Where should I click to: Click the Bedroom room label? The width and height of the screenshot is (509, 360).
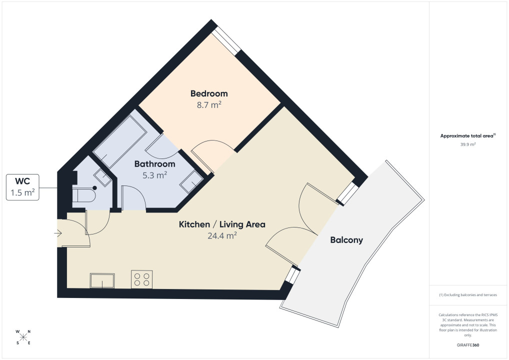pos(209,93)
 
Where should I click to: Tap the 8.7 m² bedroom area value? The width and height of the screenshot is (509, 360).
pos(209,105)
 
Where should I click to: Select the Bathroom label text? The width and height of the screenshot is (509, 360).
pos(155,164)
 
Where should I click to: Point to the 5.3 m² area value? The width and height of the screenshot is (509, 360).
pos(155,175)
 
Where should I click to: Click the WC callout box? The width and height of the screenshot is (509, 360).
pos(22,187)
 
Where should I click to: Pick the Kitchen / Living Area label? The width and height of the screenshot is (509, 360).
pos(222,224)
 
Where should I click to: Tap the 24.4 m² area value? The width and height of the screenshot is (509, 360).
pos(222,235)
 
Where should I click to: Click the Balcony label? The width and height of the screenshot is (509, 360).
pos(346,240)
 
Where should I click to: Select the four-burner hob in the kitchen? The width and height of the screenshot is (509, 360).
pos(142,279)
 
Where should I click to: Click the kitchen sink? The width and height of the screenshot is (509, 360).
pos(102,281)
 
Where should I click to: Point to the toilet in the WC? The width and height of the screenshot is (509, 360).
pos(84,195)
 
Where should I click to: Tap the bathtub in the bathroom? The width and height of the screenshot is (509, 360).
pos(120,141)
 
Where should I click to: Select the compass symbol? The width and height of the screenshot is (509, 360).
pos(23,337)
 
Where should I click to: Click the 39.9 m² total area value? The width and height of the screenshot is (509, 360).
pos(468,144)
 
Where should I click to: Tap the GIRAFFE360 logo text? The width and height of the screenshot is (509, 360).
pos(468,345)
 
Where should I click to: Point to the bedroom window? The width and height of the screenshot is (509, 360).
pos(226,40)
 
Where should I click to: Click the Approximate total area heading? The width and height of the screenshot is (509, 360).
pos(468,136)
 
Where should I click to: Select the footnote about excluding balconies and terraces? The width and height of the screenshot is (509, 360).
pos(468,295)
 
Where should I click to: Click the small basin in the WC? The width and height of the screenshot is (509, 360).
pos(102,177)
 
